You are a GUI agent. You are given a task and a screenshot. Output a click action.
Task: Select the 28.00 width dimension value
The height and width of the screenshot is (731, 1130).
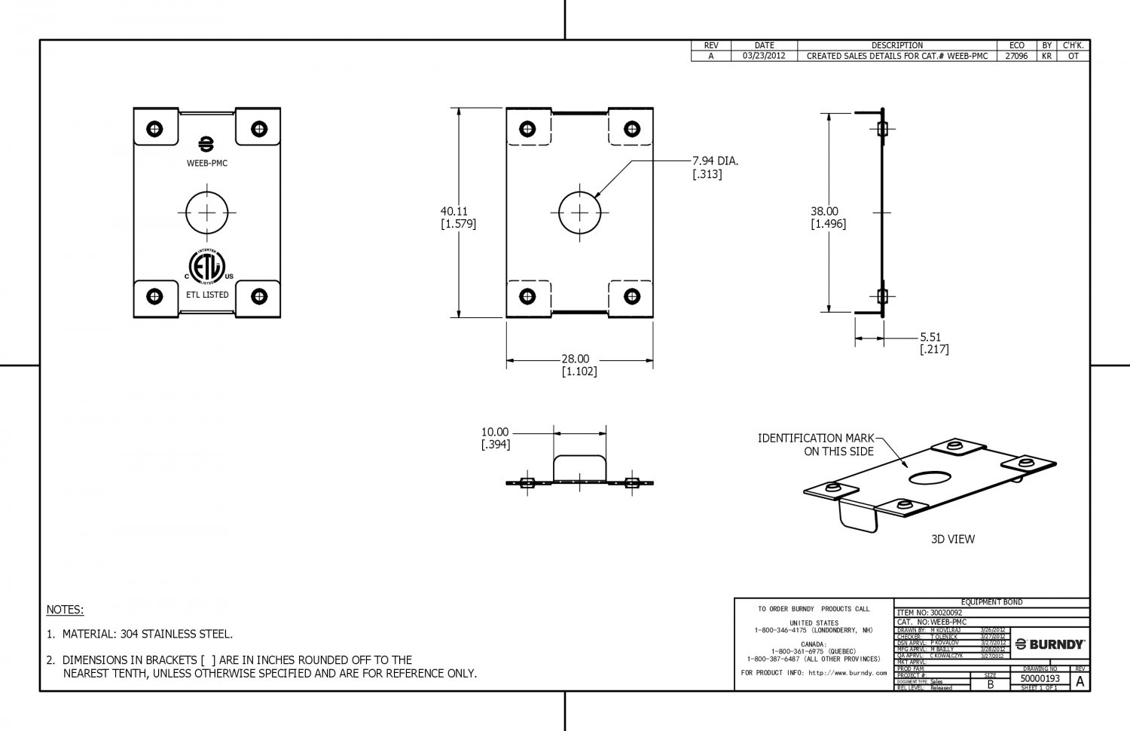click(575, 359)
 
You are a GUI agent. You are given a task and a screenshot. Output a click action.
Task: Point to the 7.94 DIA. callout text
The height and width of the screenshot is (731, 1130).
click(716, 161)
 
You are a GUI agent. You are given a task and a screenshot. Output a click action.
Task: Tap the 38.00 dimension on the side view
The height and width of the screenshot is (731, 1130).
click(824, 212)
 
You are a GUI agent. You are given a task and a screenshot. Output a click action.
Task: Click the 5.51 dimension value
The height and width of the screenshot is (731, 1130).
click(930, 337)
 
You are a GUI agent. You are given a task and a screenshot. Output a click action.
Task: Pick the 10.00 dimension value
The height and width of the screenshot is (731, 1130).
click(495, 432)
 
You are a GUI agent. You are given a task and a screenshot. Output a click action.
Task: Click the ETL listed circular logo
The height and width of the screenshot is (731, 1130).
click(206, 265)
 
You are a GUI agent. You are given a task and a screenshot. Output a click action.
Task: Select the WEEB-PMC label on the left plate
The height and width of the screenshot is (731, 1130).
click(207, 163)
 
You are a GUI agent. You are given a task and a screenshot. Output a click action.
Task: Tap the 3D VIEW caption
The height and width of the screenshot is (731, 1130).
click(952, 539)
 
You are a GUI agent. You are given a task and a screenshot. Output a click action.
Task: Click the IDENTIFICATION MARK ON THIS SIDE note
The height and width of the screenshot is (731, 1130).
click(816, 445)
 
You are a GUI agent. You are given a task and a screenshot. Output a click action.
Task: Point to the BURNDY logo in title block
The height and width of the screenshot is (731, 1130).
click(1050, 644)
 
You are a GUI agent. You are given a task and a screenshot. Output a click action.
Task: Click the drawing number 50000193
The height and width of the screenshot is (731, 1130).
click(1040, 678)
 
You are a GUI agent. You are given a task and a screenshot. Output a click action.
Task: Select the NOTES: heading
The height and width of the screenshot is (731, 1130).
click(66, 610)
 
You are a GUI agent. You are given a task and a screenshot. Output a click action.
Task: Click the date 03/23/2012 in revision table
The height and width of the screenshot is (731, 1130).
click(764, 56)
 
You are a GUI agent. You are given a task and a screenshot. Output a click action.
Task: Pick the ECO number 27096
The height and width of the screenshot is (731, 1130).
click(1016, 56)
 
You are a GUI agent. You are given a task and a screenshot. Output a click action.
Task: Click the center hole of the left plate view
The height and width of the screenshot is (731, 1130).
click(207, 213)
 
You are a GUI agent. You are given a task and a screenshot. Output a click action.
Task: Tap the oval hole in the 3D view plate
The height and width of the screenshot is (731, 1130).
click(930, 478)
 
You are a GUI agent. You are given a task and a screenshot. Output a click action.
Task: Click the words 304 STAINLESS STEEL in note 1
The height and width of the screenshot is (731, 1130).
click(176, 635)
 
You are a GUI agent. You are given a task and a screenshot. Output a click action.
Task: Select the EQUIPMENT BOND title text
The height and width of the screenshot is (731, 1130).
click(991, 602)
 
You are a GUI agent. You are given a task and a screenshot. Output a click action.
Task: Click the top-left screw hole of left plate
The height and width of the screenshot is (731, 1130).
click(155, 128)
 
